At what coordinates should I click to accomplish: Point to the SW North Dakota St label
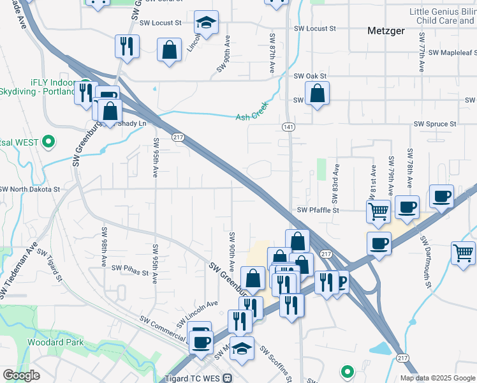pyautogui.click(x=29, y=190)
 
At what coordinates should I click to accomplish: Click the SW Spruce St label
pyautogui.click(x=435, y=124)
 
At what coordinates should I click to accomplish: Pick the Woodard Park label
pyautogui.click(x=47, y=342)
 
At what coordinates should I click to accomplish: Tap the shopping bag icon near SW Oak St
pyautogui.click(x=317, y=94)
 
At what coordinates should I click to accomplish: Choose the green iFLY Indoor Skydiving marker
pyautogui.click(x=84, y=84)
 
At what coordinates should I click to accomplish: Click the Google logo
pyautogui.click(x=22, y=375)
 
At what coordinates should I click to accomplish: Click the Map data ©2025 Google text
pyautogui.click(x=437, y=378)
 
